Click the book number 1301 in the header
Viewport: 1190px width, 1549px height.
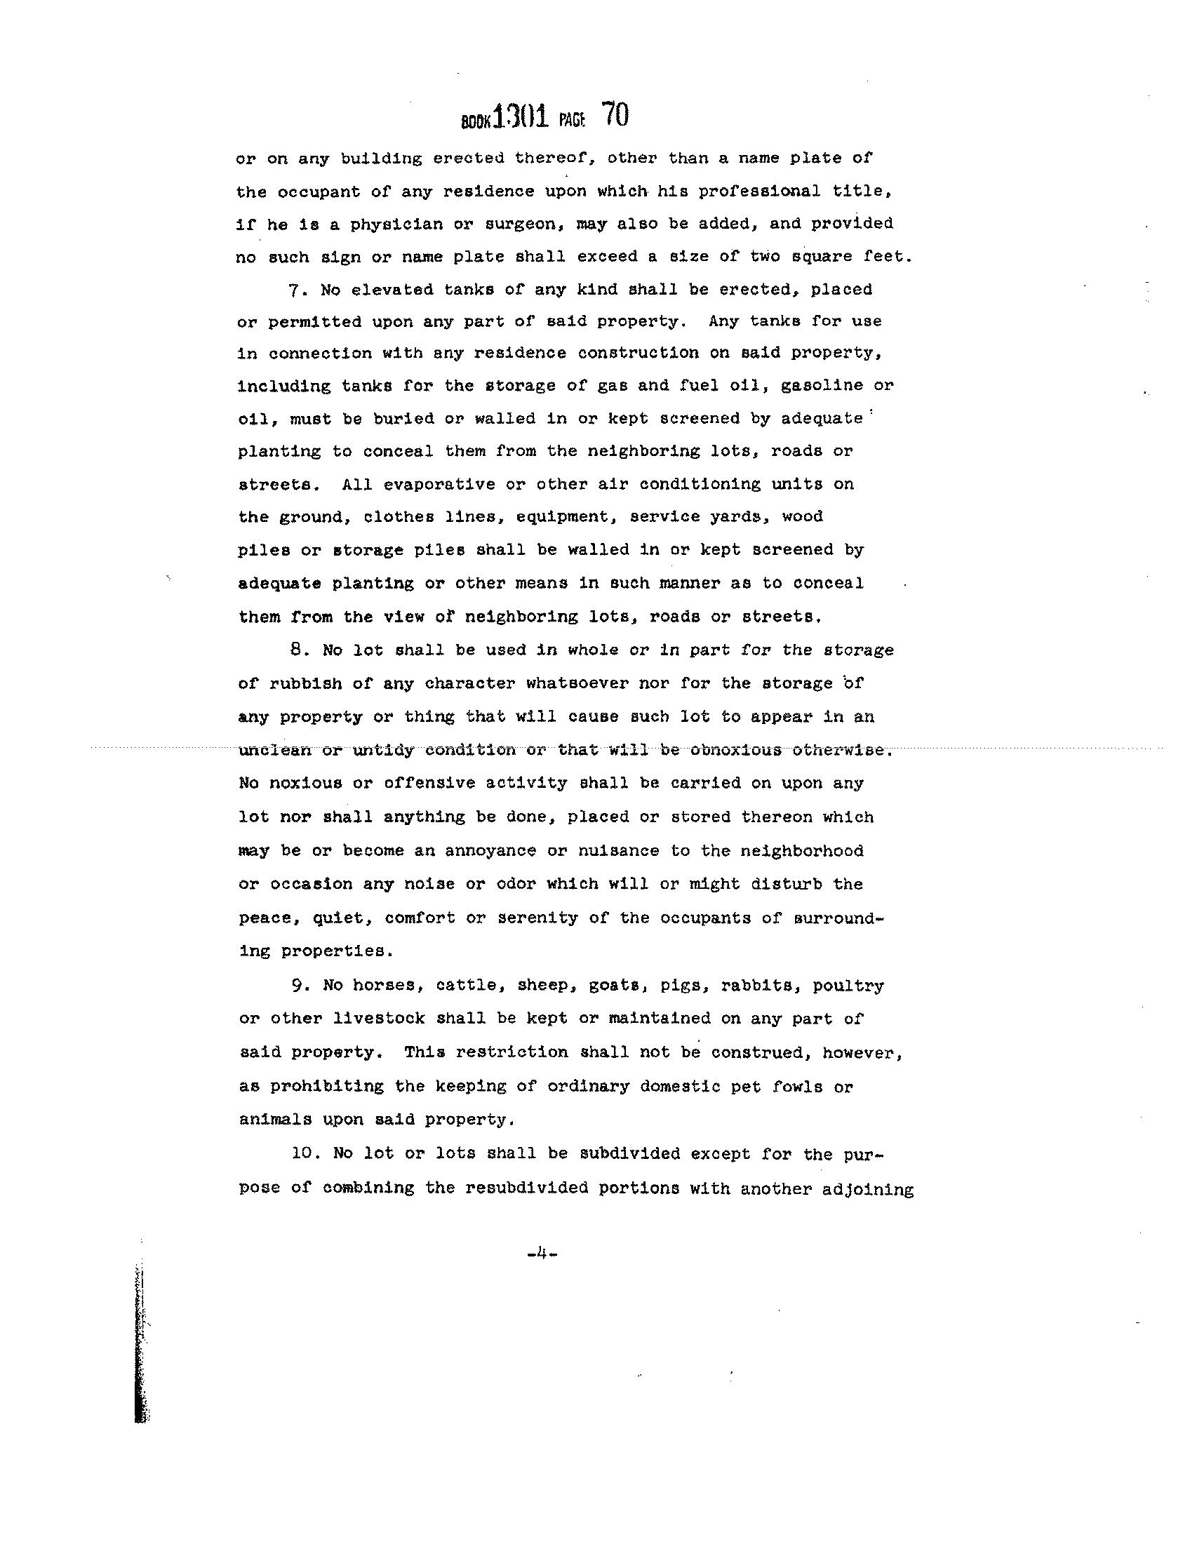click(520, 116)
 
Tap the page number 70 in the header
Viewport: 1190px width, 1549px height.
click(615, 115)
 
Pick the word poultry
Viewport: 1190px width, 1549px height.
click(848, 985)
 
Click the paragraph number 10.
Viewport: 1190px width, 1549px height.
click(302, 1153)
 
